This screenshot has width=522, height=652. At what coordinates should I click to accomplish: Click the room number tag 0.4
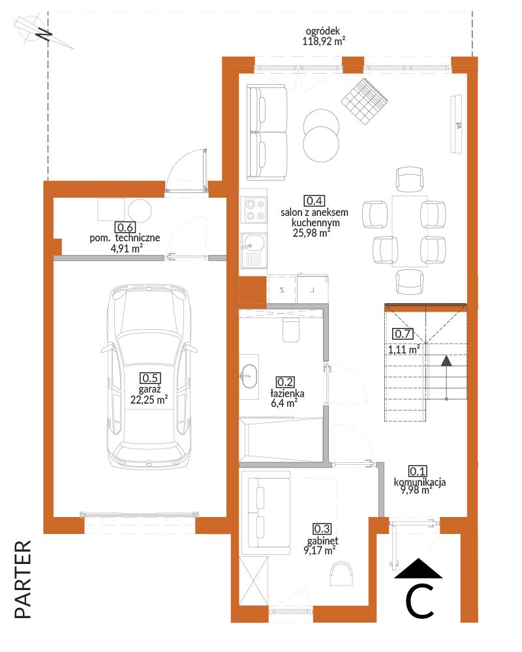click(315, 201)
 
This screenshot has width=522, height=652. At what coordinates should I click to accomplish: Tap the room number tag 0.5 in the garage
click(150, 378)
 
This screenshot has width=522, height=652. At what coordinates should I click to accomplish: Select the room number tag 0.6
click(125, 228)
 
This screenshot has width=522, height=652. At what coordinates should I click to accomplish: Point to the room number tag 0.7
click(403, 333)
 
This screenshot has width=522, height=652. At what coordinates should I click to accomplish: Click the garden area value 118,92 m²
click(324, 41)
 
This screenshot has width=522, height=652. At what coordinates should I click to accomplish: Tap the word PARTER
click(23, 579)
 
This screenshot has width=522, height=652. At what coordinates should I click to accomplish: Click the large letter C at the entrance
click(420, 601)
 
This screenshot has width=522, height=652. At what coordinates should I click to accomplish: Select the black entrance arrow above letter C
click(418, 569)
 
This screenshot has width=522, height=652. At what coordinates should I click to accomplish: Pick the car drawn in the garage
click(149, 378)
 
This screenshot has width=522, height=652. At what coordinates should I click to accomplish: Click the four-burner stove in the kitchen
click(254, 210)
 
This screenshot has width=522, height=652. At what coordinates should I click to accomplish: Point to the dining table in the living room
click(410, 231)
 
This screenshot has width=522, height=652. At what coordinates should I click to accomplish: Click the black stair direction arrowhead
click(446, 361)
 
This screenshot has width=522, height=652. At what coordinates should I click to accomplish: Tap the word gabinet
click(322, 541)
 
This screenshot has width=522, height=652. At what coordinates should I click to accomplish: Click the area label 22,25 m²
click(149, 400)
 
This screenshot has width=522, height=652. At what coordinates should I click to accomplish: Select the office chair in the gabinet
click(341, 573)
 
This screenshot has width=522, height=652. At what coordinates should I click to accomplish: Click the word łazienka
click(287, 393)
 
